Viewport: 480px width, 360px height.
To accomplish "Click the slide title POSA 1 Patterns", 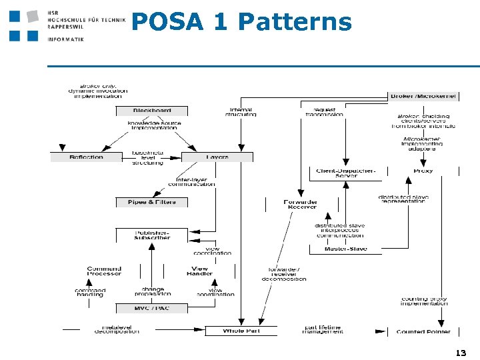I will point(241,22).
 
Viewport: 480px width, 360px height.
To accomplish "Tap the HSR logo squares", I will point(23,25).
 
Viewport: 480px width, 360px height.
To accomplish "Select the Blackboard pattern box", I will point(152,111).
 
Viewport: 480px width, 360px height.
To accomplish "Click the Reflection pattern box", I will point(86,157).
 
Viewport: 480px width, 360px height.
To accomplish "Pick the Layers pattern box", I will point(217,157).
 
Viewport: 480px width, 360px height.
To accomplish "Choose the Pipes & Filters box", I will point(152,202).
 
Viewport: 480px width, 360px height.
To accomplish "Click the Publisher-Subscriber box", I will point(152,235).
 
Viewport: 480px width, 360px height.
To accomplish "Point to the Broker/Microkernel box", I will point(423,96).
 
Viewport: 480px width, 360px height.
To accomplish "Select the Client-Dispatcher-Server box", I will point(346,173).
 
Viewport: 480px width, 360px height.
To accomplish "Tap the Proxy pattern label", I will point(423,171).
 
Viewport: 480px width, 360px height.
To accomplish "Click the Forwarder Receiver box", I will point(301,204).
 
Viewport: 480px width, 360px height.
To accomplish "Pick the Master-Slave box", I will point(346,249).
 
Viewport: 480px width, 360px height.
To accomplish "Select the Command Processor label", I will point(104,271).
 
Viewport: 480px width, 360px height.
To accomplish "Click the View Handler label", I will point(199,271).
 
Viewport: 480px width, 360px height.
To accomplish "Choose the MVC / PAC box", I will point(152,309).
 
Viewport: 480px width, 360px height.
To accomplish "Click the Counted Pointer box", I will point(423,331).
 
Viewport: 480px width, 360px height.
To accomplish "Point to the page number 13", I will point(459,353).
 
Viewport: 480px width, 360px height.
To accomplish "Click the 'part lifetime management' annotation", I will point(323,329).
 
